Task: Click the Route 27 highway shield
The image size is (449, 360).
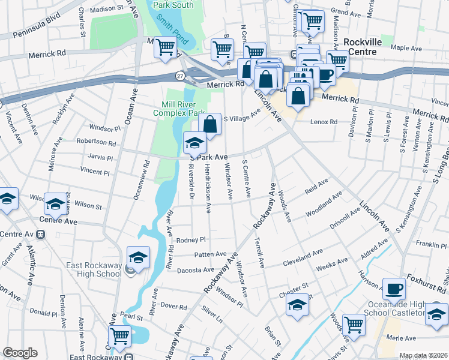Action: [x=180, y=76]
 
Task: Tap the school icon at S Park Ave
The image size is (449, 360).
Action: [x=194, y=143]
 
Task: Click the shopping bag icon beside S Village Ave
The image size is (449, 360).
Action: [x=210, y=125]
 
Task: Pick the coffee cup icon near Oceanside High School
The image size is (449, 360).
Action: [x=394, y=290]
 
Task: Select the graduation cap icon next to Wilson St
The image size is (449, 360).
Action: [x=55, y=204]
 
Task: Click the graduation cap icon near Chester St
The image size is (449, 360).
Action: [x=297, y=305]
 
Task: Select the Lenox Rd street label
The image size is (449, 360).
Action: [x=324, y=122]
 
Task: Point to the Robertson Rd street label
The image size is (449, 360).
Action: [x=96, y=143]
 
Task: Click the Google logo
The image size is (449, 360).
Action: [x=20, y=353]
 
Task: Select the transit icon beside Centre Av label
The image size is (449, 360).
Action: [x=41, y=233]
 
